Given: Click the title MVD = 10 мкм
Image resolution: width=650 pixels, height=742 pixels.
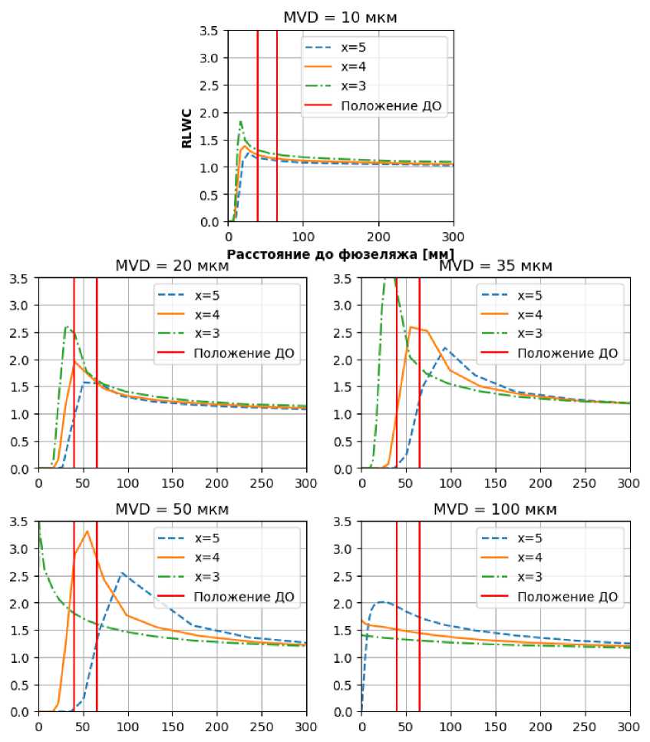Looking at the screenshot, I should coord(341,17).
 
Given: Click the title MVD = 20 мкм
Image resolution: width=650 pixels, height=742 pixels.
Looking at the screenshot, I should coord(172,266).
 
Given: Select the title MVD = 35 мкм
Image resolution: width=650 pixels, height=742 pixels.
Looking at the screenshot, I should coord(495,266).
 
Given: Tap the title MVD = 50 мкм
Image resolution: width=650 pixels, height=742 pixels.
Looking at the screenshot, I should coord(172,509).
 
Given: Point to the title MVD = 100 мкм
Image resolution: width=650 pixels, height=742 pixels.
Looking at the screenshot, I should coord(495,509).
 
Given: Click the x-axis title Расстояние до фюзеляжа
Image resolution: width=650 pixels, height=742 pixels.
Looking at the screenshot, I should coord(341,253).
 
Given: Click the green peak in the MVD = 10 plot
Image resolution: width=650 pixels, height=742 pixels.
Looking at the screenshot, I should coord(241,121).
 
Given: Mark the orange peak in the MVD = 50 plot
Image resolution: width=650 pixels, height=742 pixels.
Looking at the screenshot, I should coord(87,532).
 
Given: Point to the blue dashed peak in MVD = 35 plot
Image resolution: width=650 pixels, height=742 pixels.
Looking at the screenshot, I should coord(444,348).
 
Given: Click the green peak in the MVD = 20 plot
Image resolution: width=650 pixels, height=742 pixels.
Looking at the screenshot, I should coord(67,327).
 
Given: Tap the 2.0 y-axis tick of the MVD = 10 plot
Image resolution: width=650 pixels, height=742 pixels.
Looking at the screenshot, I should coord(213,113).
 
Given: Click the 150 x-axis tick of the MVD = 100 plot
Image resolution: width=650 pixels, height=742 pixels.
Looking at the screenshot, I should coord(495,724).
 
